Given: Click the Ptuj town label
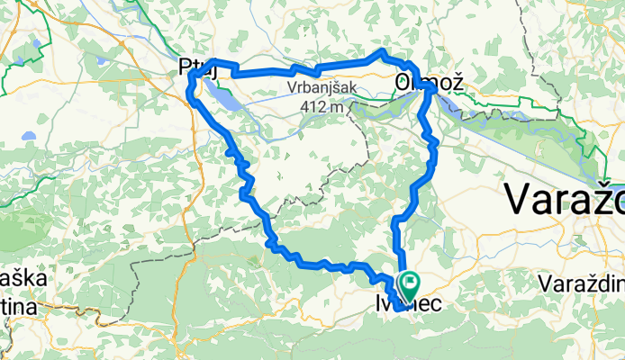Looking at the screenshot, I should pos(198,67).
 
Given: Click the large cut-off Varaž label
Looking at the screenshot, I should pos(564,198).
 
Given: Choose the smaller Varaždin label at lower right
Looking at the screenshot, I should pos(582,283).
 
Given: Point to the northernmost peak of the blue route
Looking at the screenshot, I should pos(383,51).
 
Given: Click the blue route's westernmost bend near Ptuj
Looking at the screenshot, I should pos(189,85).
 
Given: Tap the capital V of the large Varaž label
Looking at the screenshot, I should pos(519,198).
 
